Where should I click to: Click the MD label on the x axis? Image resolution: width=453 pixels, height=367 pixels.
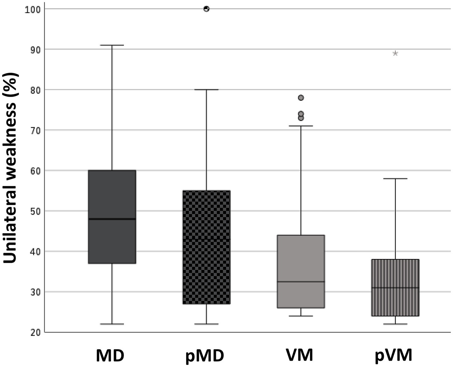pyautogui.click(x=110, y=356)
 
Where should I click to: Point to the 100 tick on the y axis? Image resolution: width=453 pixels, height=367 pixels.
pyautogui.click(x=32, y=9)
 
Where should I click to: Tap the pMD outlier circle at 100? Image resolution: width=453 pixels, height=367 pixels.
pyautogui.click(x=207, y=9)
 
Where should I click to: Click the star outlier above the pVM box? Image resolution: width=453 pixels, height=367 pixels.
pyautogui.click(x=395, y=54)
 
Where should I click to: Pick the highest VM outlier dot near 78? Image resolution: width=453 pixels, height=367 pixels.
pyautogui.click(x=301, y=98)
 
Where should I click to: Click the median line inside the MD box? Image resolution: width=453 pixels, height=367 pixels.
pyautogui.click(x=112, y=219)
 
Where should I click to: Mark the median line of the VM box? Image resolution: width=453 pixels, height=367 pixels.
pyautogui.click(x=301, y=282)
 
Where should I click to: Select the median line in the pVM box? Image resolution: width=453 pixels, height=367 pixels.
pyautogui.click(x=395, y=288)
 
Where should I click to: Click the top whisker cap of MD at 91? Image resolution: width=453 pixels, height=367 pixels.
pyautogui.click(x=112, y=45)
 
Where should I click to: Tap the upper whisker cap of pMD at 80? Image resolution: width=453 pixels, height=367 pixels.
pyautogui.click(x=207, y=90)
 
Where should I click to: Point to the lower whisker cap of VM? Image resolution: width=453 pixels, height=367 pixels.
pyautogui.click(x=301, y=316)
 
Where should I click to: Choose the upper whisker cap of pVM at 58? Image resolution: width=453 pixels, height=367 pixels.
pyautogui.click(x=395, y=179)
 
